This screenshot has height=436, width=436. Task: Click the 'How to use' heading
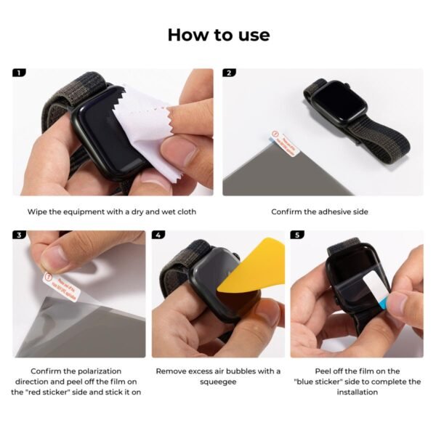[218, 34]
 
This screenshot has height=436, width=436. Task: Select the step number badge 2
[230, 73]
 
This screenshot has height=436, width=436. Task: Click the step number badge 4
[158, 235]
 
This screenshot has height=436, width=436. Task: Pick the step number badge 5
[296, 235]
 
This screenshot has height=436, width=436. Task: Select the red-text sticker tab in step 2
[284, 142]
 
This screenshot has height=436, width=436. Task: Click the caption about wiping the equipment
[112, 211]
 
